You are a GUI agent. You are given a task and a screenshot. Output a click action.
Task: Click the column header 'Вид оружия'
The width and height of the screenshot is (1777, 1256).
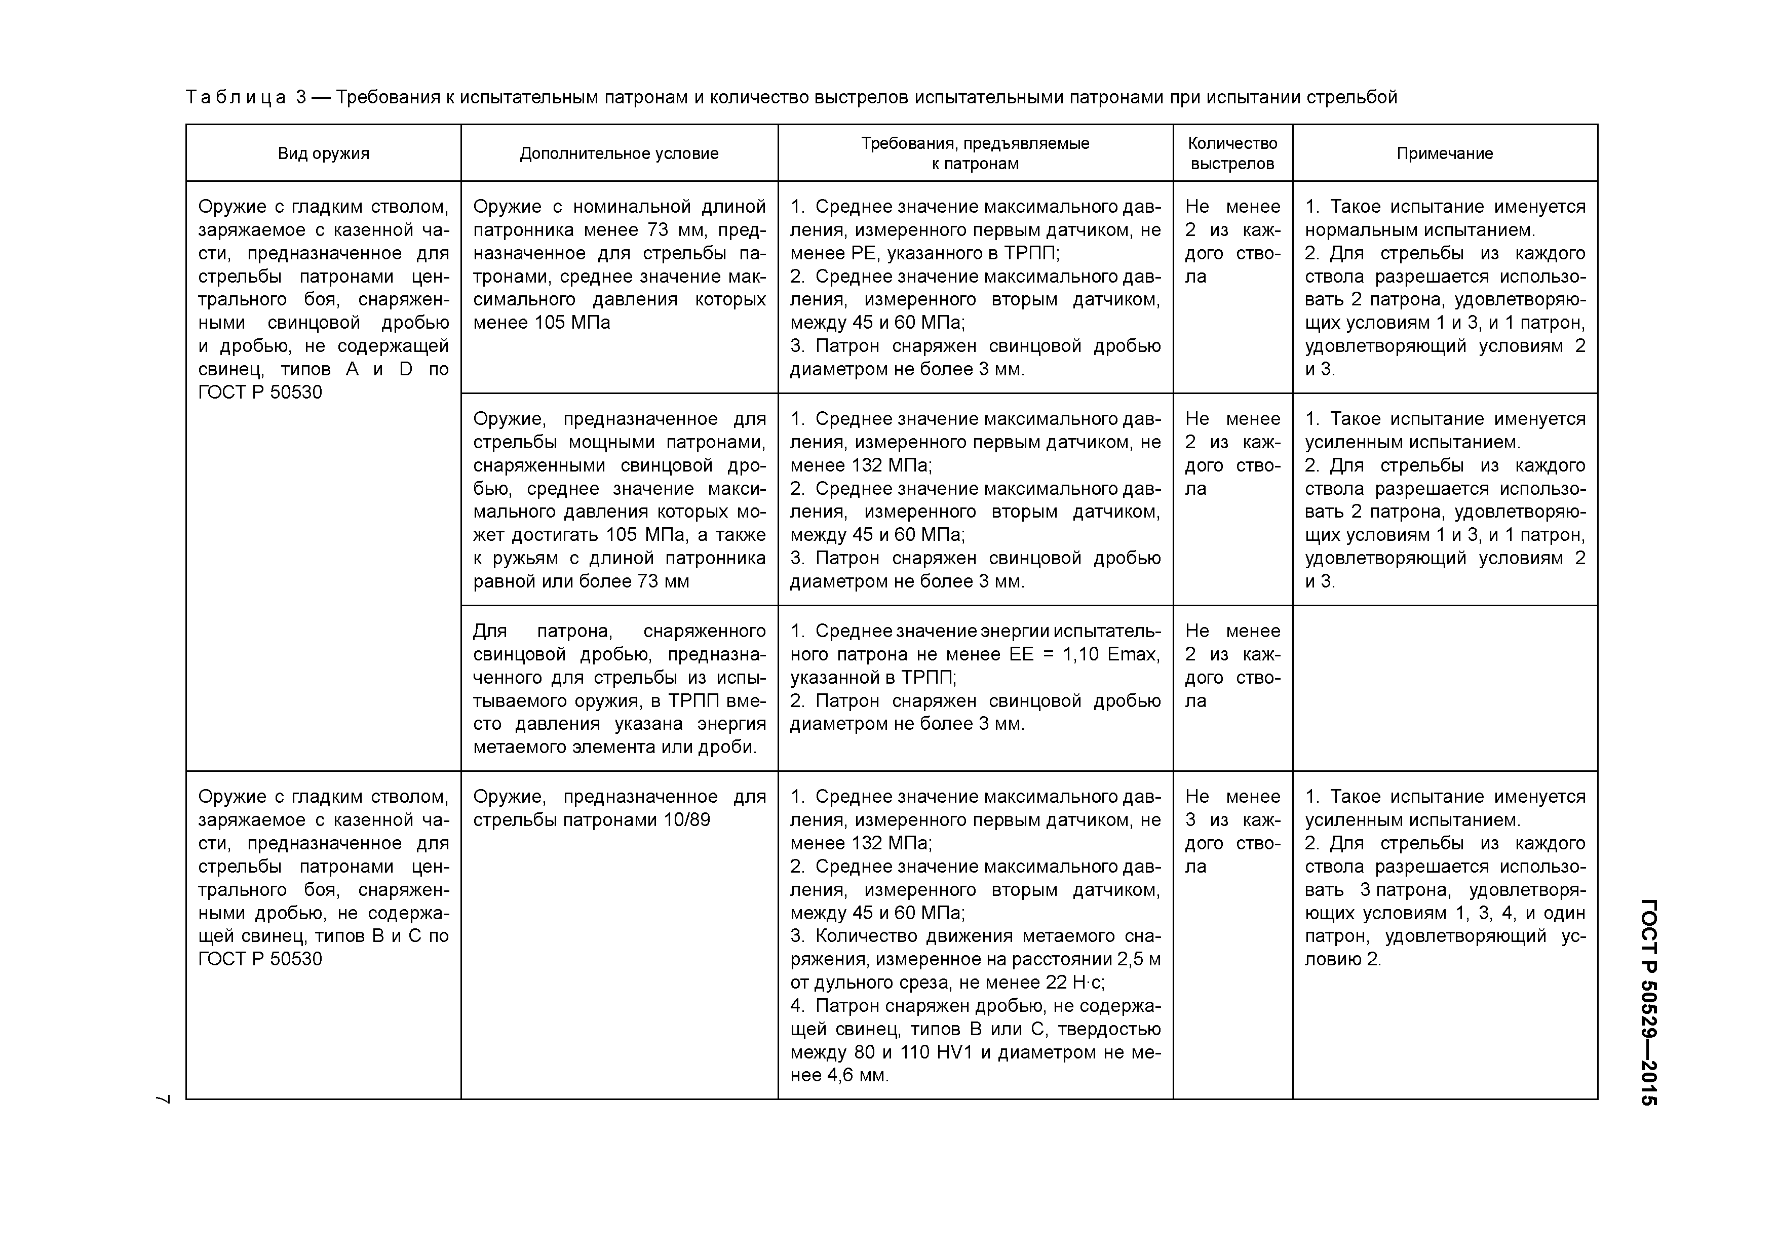324,153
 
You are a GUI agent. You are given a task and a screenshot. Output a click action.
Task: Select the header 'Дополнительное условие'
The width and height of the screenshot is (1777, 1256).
619,153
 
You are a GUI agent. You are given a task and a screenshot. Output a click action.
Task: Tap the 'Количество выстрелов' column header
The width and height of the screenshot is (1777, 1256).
1232,153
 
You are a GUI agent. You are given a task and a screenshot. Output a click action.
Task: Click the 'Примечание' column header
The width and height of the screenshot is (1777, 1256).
1444,153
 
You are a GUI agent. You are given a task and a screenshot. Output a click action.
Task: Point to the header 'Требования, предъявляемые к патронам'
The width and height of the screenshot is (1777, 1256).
975,153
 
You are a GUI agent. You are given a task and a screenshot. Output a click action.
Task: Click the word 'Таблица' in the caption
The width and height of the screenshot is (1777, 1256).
236,98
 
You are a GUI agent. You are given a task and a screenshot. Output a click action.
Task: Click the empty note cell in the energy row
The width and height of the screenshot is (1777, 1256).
1444,688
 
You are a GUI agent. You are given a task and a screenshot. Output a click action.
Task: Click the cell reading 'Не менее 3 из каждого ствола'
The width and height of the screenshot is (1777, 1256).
1232,831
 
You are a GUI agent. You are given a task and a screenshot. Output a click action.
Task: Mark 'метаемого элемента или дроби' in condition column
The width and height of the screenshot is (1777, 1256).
614,747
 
